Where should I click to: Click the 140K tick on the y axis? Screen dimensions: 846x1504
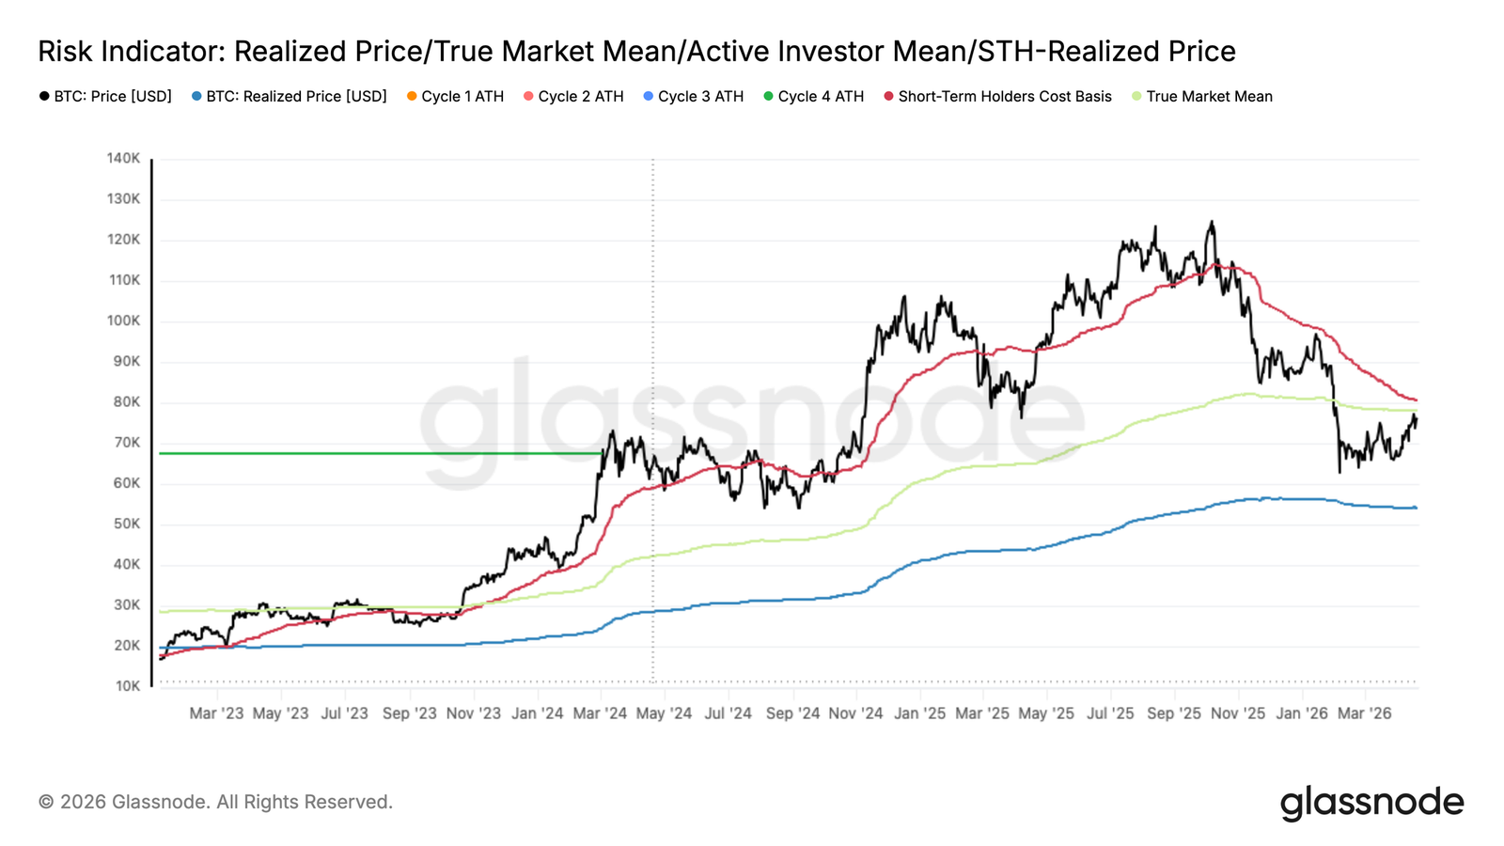[123, 159]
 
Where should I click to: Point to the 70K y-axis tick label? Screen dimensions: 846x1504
[126, 443]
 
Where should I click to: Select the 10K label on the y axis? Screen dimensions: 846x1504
[128, 686]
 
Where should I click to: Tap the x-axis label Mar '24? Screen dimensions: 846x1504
[600, 713]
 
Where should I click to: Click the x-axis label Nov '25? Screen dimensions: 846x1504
[1238, 713]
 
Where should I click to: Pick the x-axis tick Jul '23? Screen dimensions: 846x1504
[344, 713]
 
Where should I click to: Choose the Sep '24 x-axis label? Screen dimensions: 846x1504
[792, 713]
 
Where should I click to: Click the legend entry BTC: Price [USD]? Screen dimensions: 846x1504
[105, 97]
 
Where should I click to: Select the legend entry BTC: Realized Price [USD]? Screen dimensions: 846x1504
[290, 97]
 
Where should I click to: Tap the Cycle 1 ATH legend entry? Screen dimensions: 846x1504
[456, 97]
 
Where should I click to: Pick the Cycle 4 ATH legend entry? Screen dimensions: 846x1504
[814, 97]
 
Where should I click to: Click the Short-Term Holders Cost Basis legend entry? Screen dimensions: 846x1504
[998, 97]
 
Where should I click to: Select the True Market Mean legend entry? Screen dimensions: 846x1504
[1202, 97]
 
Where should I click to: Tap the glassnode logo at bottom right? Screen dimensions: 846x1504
[1371, 803]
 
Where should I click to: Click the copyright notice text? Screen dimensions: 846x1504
[215, 803]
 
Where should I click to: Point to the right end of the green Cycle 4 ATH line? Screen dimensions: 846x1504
[601, 453]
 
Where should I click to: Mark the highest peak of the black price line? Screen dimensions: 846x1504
[1212, 223]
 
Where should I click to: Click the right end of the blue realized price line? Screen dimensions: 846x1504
[1416, 508]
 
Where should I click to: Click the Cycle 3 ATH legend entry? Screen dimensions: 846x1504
[694, 97]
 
